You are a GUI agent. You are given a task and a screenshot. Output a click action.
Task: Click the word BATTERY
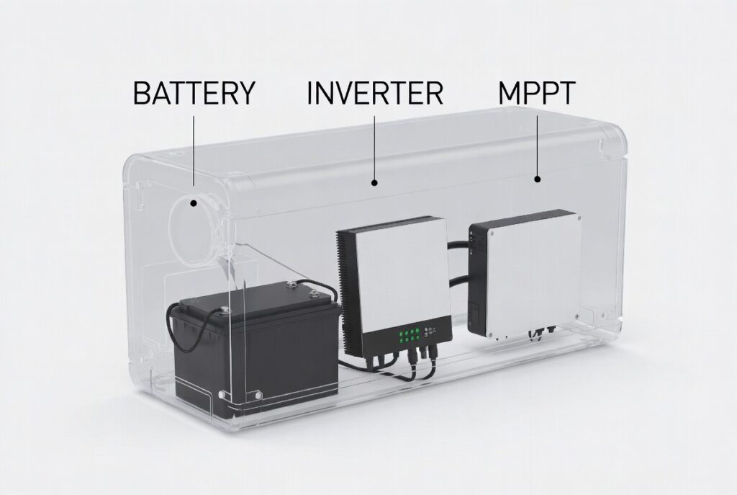(194, 93)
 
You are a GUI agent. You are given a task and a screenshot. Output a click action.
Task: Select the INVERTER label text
(374, 93)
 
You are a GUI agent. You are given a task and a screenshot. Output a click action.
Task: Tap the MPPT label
(537, 93)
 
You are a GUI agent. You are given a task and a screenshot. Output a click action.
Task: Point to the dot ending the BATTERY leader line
(193, 203)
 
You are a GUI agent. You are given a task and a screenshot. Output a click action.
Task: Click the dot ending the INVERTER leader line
(374, 182)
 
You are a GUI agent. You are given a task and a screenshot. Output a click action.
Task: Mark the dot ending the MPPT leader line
(538, 179)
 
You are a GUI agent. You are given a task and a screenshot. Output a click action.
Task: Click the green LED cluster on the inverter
(407, 336)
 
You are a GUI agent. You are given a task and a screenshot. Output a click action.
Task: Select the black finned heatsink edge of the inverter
(348, 293)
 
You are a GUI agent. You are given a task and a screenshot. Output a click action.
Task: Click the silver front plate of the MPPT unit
(535, 275)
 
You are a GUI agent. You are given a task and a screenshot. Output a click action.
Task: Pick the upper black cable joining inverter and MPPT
(458, 246)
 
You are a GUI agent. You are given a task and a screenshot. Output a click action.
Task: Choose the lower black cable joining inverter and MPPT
(461, 282)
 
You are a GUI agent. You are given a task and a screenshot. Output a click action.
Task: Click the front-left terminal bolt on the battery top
(224, 310)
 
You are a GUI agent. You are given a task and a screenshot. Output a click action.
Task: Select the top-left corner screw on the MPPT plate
(492, 232)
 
